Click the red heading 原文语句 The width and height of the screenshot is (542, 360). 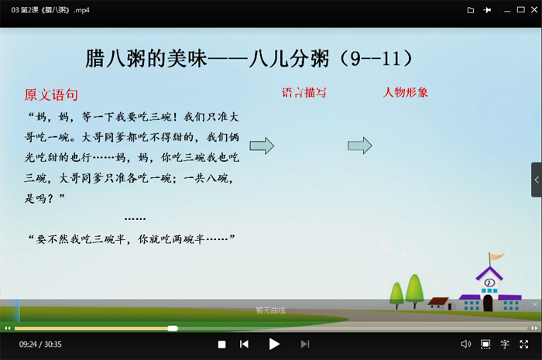click(x=51, y=95)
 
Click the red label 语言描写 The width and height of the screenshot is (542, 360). click(x=304, y=92)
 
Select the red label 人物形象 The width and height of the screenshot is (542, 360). click(x=406, y=92)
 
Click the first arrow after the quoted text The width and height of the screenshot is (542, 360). click(x=262, y=145)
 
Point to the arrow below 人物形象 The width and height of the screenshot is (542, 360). click(x=360, y=145)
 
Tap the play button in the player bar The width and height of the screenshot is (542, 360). click(x=274, y=344)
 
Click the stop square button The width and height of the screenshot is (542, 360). click(x=221, y=344)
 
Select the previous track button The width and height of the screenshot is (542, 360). click(x=244, y=344)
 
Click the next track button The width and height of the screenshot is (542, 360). click(x=305, y=344)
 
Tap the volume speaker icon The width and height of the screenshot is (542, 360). click(x=465, y=344)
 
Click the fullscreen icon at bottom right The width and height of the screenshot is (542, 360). click(x=524, y=344)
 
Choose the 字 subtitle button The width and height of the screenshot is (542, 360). click(x=505, y=344)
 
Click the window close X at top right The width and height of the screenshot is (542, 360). click(x=529, y=10)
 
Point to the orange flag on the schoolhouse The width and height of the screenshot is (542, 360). click(x=496, y=256)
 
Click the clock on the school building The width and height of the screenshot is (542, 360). click(x=489, y=283)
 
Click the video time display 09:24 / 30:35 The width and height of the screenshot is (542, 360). click(x=40, y=344)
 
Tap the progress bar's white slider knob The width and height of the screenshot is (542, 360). click(x=173, y=328)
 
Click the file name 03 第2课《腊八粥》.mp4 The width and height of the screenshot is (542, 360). click(x=45, y=10)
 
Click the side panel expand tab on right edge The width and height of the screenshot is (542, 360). click(x=536, y=180)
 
